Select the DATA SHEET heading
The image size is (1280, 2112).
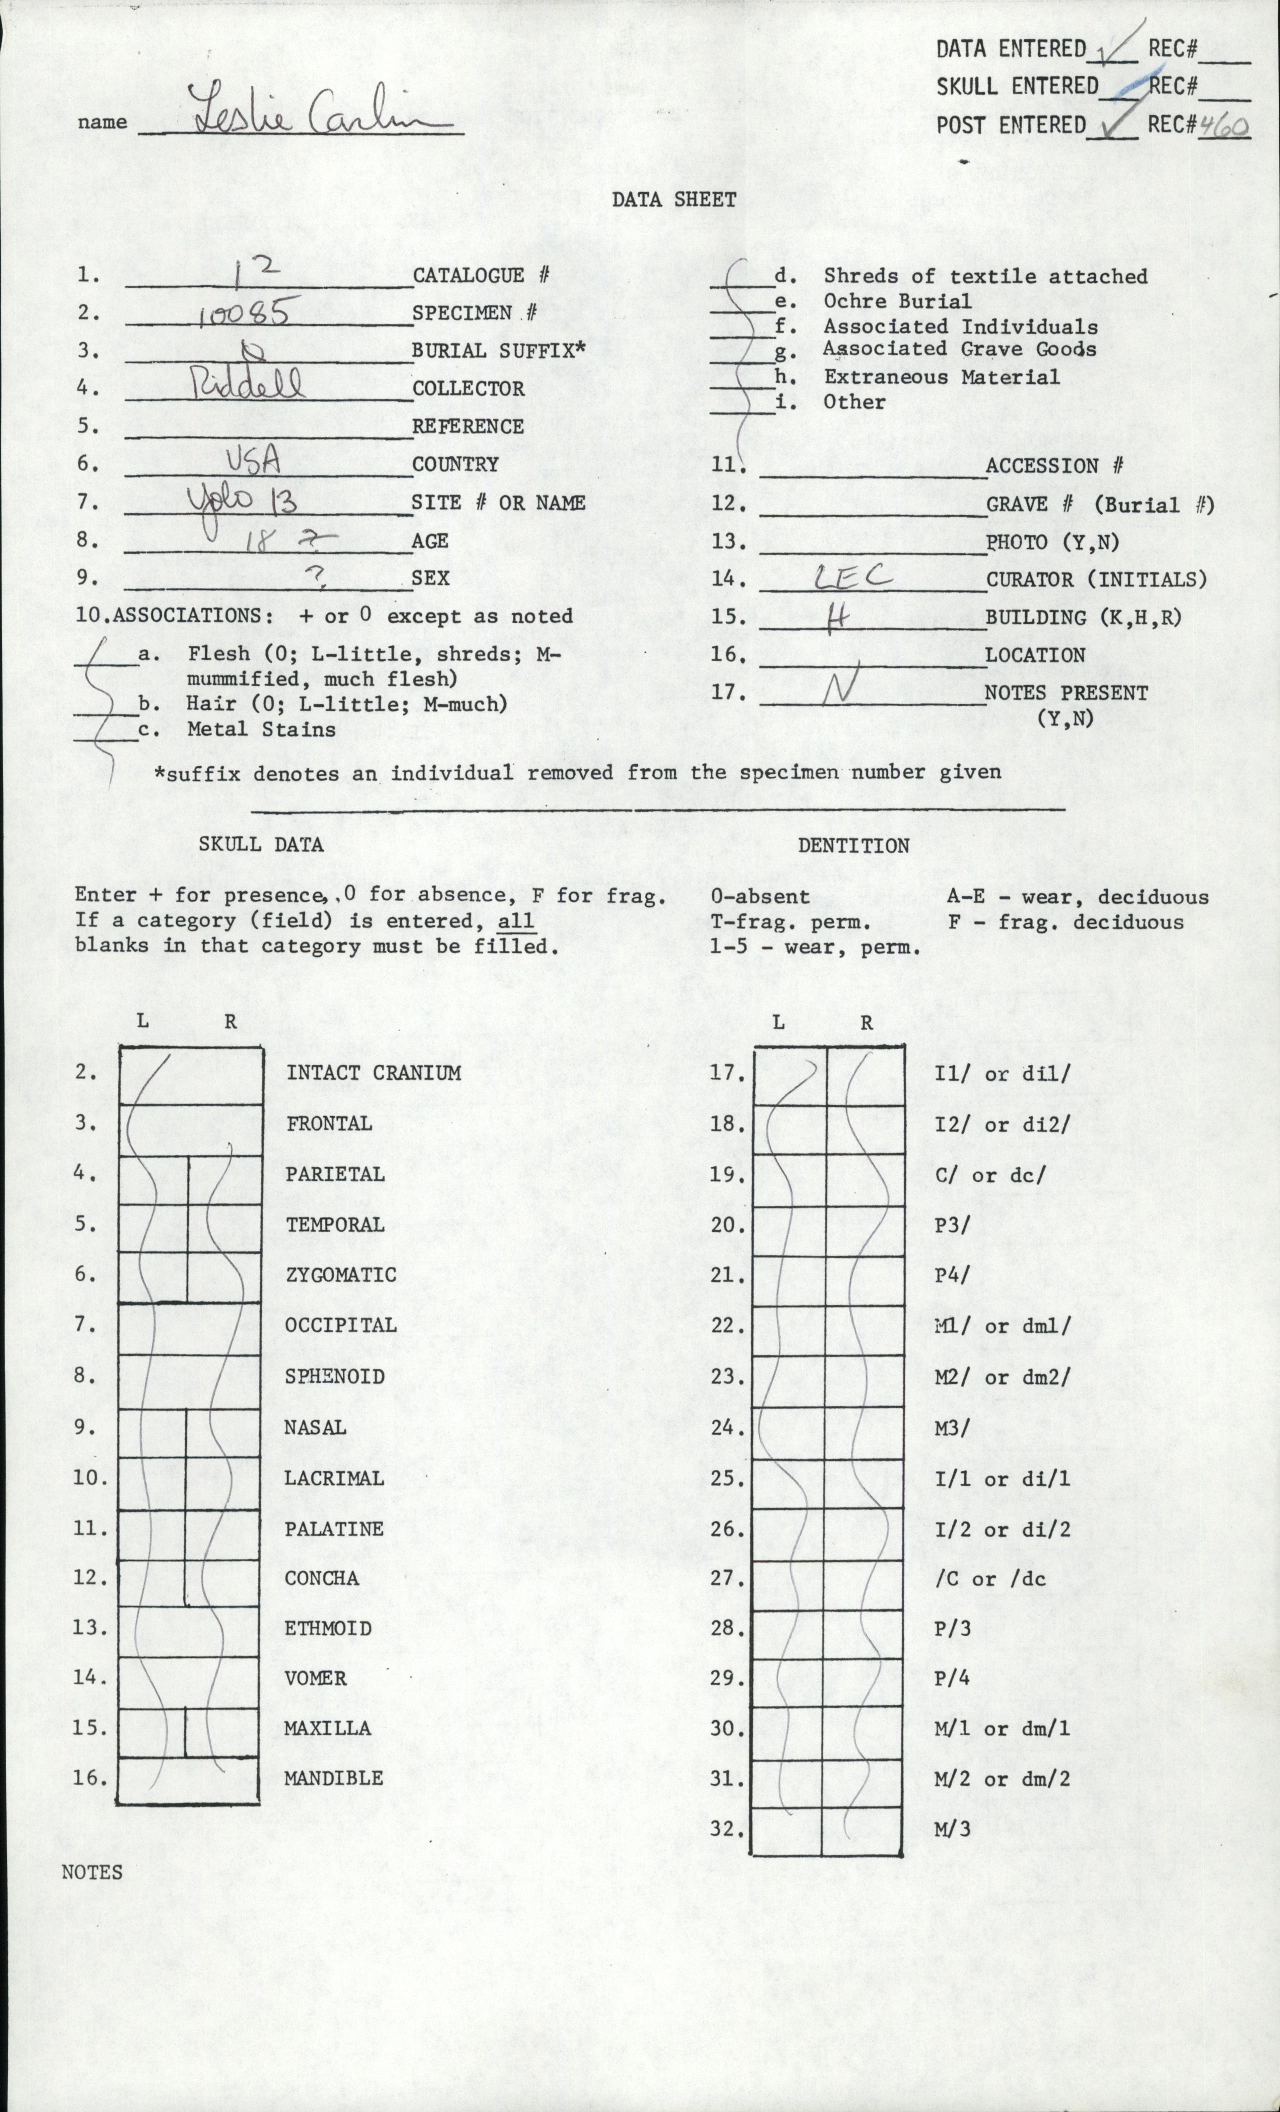pos(674,199)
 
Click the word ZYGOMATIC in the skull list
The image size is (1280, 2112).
pos(341,1274)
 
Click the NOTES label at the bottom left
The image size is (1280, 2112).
pos(92,1872)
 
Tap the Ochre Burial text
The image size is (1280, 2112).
pos(897,301)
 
